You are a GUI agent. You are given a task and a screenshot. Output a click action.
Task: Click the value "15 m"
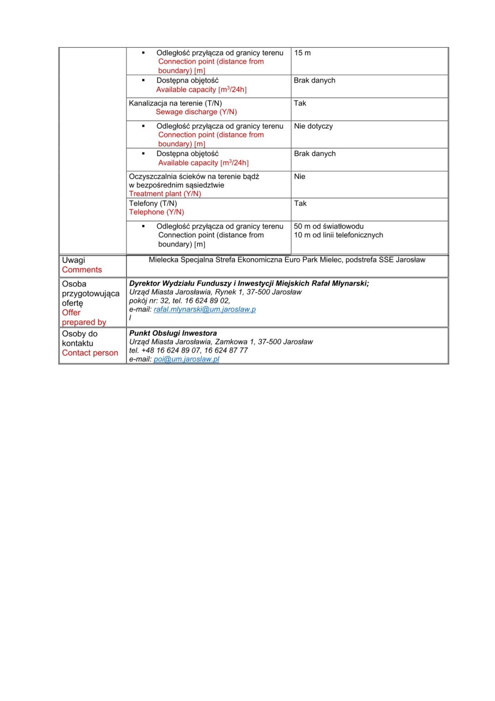coord(302,53)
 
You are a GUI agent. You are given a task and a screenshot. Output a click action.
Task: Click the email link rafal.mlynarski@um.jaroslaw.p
coord(204,309)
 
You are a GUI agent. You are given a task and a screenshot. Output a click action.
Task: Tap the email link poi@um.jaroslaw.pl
coord(186,359)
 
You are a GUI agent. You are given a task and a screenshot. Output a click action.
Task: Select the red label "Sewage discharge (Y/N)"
coord(196,112)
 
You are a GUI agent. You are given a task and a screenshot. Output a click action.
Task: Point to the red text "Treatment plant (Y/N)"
coord(165,194)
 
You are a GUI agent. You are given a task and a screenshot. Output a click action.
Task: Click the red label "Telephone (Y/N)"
coord(157,212)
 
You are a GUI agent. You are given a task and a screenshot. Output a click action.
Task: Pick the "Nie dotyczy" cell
coord(313,126)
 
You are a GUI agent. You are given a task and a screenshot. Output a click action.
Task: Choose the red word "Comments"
coord(82,270)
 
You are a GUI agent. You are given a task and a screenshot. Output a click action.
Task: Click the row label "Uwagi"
coord(74,260)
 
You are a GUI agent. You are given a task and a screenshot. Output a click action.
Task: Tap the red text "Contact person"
coord(90,353)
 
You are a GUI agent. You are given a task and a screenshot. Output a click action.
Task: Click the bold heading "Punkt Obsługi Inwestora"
coord(173,333)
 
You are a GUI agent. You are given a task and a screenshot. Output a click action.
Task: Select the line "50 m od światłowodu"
coord(329,226)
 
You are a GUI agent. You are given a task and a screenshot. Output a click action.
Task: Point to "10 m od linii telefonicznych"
coord(338,235)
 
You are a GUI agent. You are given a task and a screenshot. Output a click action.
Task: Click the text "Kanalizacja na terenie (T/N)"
coord(175,103)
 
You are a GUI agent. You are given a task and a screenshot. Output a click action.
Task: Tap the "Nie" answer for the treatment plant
coord(300,177)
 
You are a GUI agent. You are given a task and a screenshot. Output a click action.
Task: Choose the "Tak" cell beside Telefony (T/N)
coord(300,203)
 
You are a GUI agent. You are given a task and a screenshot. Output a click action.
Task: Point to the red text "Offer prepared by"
coord(84,317)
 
